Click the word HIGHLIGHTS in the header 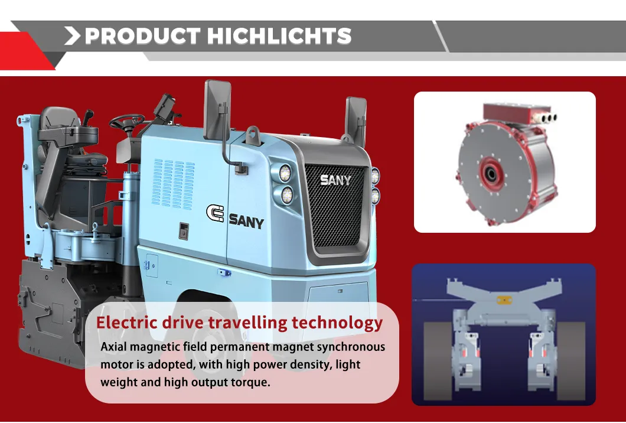(280, 36)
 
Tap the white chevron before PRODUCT (72, 36)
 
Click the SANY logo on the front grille (335, 180)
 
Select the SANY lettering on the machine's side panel (246, 222)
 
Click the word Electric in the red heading (127, 323)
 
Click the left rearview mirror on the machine (213, 108)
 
